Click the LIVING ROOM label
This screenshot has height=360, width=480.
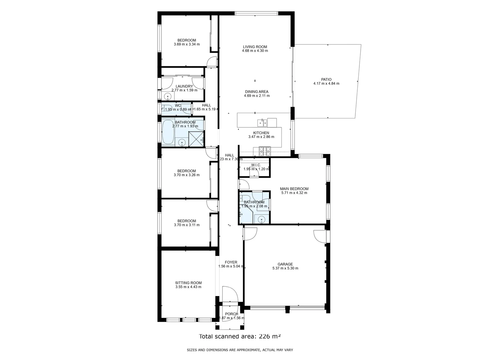(255, 47)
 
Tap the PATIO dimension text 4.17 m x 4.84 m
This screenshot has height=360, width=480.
(326, 84)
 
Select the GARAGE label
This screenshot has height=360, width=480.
(285, 264)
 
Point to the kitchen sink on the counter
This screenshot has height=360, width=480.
(262, 123)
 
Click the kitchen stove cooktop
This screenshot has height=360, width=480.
(265, 152)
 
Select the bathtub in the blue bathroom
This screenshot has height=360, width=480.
(168, 132)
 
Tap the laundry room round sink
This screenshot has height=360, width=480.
(168, 96)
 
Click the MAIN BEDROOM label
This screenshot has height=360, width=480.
(294, 189)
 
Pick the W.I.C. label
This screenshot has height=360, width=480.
(256, 165)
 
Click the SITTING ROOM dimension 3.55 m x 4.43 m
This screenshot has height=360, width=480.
(188, 287)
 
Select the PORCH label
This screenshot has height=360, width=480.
(231, 314)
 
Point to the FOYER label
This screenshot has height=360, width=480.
(231, 262)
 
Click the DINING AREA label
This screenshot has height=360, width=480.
(256, 92)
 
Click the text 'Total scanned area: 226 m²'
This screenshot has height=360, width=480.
(240, 336)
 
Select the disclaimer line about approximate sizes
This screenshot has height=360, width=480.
(240, 350)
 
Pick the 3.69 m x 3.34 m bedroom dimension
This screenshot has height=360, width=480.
(187, 44)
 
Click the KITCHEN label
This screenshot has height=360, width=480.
(261, 133)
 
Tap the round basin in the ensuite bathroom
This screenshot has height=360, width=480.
(262, 219)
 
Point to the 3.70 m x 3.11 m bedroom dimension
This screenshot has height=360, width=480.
(187, 225)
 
